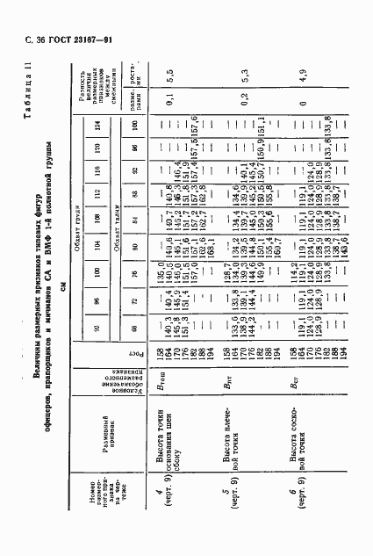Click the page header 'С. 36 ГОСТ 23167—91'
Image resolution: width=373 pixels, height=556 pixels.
(x=54, y=39)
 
